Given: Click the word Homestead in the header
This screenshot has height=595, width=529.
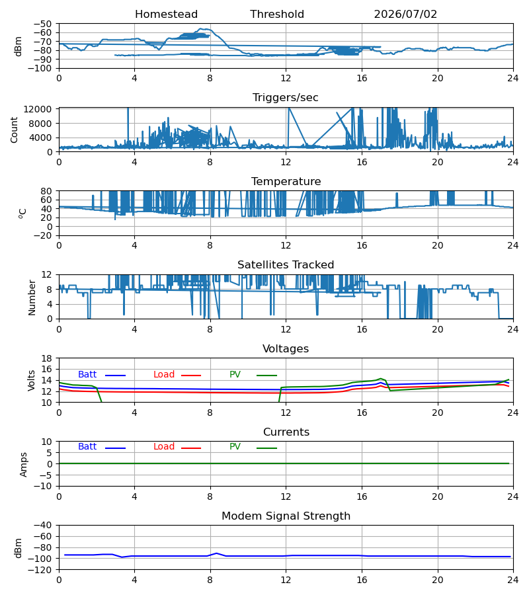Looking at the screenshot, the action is tap(166, 15).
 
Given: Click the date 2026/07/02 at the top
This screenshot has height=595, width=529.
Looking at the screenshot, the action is tap(405, 15).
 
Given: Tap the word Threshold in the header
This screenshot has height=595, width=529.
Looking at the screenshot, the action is tap(277, 15).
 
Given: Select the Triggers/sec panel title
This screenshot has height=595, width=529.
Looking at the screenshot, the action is tap(286, 98).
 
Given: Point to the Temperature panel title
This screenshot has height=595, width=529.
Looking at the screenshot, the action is tap(286, 181).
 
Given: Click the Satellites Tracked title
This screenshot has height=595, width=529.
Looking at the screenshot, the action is tap(286, 265).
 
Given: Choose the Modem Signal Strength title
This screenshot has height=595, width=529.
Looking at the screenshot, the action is tap(286, 516).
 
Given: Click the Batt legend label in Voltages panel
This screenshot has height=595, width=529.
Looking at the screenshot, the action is tap(87, 375).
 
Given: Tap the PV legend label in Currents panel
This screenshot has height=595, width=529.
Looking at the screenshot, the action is tap(235, 447).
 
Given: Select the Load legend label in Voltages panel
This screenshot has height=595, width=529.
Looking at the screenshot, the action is tap(164, 375).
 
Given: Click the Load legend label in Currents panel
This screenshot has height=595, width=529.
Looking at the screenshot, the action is tap(164, 447).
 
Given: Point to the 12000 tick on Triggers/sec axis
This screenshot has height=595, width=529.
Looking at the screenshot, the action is tap(38, 109).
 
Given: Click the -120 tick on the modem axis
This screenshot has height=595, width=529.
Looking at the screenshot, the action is tap(42, 570).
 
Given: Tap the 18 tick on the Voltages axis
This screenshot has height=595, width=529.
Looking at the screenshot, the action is tap(47, 358).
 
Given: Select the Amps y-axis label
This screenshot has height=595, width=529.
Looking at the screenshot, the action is tap(24, 465).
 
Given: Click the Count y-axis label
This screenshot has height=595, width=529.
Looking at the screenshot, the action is tap(15, 130).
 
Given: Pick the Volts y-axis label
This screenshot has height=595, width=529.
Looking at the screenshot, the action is tap(32, 381).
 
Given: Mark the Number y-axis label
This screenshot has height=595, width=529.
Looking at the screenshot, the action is tap(32, 298).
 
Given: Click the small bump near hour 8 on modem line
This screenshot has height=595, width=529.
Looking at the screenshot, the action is tap(216, 553).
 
